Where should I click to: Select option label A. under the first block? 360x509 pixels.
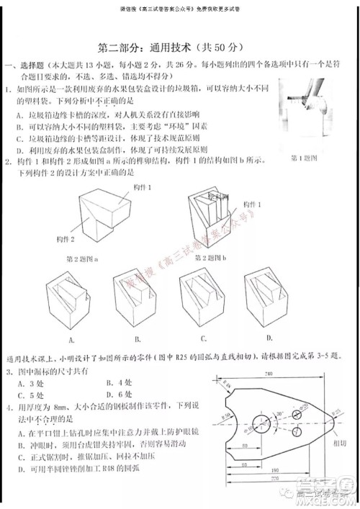[x=73, y=339]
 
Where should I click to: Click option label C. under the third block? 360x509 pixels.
[x=204, y=338]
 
